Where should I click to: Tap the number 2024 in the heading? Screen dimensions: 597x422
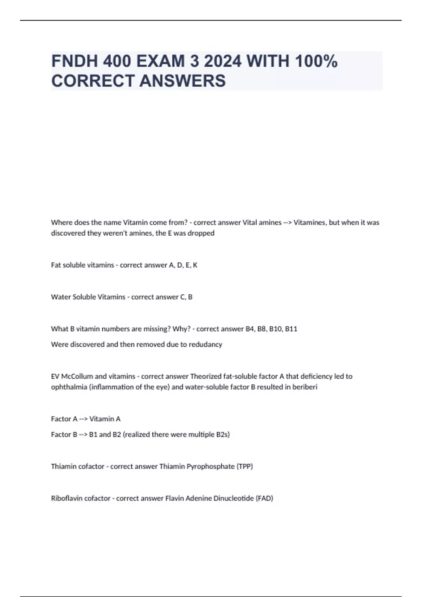tap(223, 61)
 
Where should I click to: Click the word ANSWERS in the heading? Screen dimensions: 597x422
tap(183, 81)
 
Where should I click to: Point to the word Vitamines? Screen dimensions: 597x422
tap(309, 222)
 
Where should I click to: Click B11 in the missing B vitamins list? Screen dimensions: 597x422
tap(291, 329)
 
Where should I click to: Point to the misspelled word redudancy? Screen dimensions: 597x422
tap(205, 345)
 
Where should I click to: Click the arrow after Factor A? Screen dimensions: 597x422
tap(83, 419)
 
